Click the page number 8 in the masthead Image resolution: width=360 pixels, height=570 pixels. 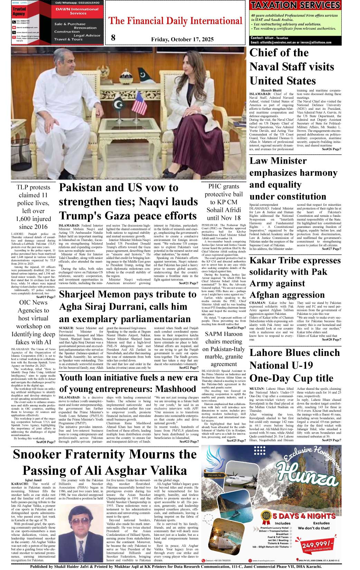pos(113,38)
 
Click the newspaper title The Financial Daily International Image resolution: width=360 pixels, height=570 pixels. pos(176,21)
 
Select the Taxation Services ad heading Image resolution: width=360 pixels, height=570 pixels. pos(295,5)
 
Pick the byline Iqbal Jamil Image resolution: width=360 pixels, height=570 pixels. pos(34,480)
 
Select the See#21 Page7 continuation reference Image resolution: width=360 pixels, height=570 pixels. pos(189,283)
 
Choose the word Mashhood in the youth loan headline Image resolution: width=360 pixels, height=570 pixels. pos(176,389)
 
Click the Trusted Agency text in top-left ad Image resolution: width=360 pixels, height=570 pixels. pos(19,11)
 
